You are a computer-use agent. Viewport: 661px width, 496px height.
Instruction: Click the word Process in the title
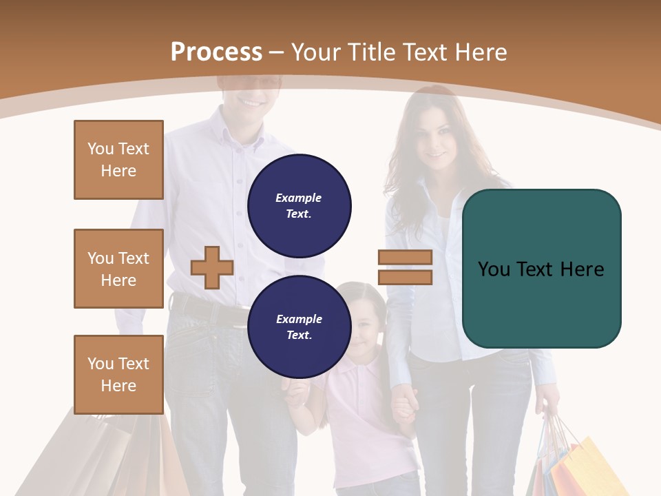pyautogui.click(x=216, y=52)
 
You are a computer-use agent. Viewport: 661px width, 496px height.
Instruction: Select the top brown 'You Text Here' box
pyautogui.click(x=118, y=160)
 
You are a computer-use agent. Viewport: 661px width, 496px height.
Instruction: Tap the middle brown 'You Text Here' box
pyautogui.click(x=118, y=269)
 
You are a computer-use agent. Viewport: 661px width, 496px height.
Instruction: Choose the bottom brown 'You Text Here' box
pyautogui.click(x=118, y=375)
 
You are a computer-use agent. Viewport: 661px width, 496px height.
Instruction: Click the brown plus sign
pyautogui.click(x=212, y=267)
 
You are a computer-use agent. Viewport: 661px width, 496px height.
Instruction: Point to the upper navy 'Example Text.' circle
pyautogui.click(x=300, y=205)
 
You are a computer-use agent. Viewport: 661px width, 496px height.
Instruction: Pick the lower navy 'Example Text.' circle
pyautogui.click(x=300, y=327)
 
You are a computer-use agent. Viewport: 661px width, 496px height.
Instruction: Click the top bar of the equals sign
pyautogui.click(x=405, y=258)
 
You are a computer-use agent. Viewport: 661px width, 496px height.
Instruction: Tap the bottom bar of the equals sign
pyautogui.click(x=405, y=277)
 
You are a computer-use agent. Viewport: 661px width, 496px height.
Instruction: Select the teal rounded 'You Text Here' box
pyautogui.click(x=541, y=269)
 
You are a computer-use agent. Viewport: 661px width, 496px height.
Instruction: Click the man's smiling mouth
pyautogui.click(x=251, y=102)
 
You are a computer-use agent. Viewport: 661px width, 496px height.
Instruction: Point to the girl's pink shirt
pyautogui.click(x=358, y=413)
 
